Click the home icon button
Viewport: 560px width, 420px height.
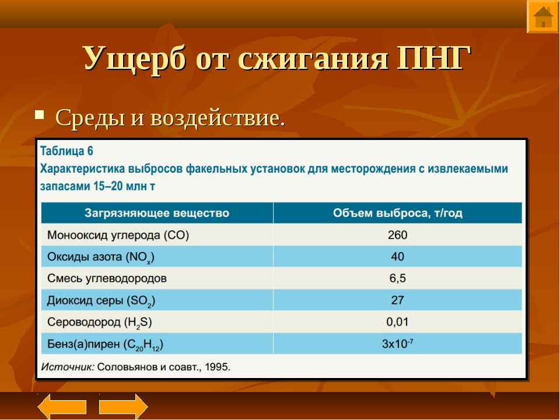[x=543, y=16]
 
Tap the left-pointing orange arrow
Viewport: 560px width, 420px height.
[x=62, y=407]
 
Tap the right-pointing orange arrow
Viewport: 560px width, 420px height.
[x=123, y=407]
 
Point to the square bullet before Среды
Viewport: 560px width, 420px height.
[x=39, y=115]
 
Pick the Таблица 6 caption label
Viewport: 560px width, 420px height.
[x=66, y=151]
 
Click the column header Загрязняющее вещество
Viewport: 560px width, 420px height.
[x=157, y=213]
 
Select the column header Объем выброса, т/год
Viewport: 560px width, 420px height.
[x=397, y=213]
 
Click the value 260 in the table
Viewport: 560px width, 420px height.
[x=397, y=235]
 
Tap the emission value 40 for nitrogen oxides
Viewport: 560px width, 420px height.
[x=397, y=257]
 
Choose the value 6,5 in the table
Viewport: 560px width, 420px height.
[x=397, y=279]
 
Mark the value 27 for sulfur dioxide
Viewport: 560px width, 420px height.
[x=397, y=300]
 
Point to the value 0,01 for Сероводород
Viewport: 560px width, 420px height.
[x=397, y=322]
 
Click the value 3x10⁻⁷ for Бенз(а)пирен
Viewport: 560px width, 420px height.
[x=397, y=344]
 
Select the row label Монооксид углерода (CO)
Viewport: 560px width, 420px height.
[x=118, y=235]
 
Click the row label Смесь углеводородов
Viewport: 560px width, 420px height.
[x=107, y=279]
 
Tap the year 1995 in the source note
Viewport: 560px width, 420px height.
[x=218, y=367]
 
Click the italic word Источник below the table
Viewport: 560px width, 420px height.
[x=68, y=367]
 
